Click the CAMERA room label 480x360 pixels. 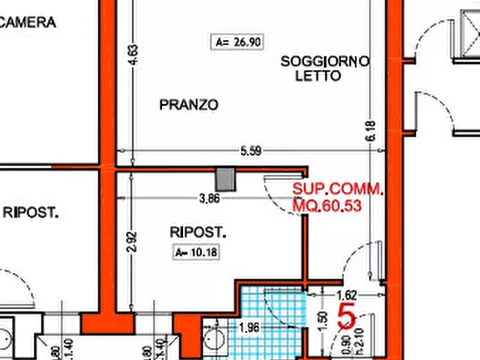[x=28, y=23]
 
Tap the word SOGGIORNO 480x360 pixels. [x=325, y=62]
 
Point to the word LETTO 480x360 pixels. [x=318, y=76]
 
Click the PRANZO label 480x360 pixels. [x=189, y=105]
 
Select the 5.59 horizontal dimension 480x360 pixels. [x=250, y=152]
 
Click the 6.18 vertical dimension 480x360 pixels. [x=371, y=132]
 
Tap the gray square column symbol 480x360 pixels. [x=226, y=179]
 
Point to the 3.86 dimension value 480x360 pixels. [x=209, y=198]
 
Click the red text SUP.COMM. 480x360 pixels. [x=338, y=189]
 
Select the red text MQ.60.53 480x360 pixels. [x=326, y=205]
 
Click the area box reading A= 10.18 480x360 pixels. [x=197, y=252]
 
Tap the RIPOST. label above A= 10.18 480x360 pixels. [x=198, y=233]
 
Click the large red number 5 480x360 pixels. [x=346, y=318]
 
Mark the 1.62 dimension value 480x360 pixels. [x=347, y=295]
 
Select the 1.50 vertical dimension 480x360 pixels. [x=323, y=321]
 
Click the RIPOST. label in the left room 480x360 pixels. [x=31, y=212]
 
